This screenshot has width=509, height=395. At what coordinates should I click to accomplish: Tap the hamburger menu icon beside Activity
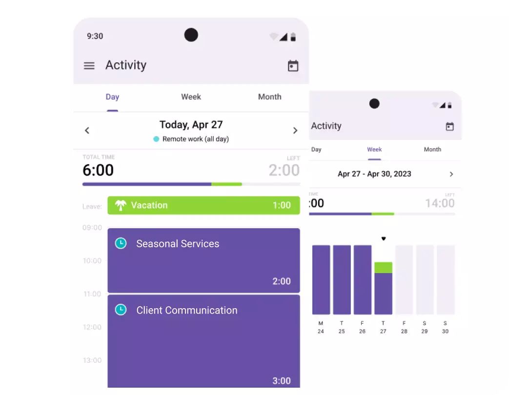point(89,66)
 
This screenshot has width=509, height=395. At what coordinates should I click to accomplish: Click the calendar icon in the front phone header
point(293,66)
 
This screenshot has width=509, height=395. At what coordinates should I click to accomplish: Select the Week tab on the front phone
point(191,97)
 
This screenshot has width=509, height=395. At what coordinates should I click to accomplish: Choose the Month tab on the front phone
point(269,97)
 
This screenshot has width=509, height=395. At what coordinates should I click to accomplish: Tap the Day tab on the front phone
point(112,97)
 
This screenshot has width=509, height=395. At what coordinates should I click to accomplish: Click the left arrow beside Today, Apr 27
point(87,130)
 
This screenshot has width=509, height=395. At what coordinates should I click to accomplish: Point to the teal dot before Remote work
point(156,139)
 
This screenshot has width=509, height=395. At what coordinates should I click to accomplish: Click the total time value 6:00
point(98,170)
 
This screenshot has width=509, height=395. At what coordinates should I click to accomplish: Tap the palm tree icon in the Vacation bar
point(120,205)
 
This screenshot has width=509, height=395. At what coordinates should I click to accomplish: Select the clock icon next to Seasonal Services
point(121,243)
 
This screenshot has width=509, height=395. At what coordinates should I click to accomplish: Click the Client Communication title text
point(186,310)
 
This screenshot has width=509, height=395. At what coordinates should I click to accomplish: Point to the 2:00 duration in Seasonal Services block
point(282,281)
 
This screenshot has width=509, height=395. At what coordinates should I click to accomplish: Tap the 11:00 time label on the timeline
point(92,294)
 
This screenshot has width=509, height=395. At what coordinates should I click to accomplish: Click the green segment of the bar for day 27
point(383,267)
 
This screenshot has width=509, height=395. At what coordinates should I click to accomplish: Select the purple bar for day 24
point(321,279)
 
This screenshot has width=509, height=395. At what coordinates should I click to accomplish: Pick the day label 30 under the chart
point(445,331)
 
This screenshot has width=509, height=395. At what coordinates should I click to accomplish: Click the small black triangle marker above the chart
point(384,238)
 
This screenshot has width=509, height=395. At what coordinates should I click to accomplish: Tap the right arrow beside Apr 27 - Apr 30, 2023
point(451,174)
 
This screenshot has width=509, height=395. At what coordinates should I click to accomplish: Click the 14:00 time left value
point(439,203)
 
